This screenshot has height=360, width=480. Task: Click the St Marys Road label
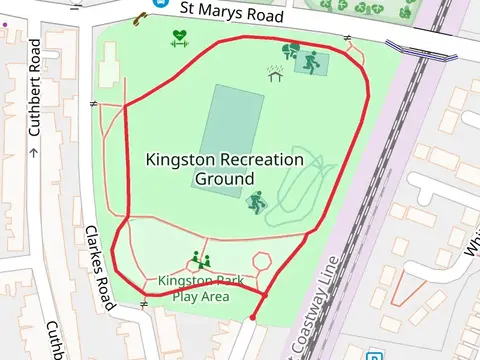[x=233, y=13]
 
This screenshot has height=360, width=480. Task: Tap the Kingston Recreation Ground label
[x=224, y=169]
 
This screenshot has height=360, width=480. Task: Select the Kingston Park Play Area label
[x=201, y=288]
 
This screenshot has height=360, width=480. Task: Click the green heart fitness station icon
[x=180, y=38]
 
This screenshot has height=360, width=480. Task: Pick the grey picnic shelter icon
[x=274, y=73]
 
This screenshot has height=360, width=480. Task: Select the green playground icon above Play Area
[x=200, y=260]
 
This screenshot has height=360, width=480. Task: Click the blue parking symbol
[x=373, y=356]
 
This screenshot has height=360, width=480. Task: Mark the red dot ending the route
[x=252, y=318]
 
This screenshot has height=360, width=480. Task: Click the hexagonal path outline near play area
[x=263, y=261]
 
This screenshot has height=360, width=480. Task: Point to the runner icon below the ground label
[x=258, y=203]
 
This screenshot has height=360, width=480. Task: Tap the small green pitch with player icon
[x=311, y=63]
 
